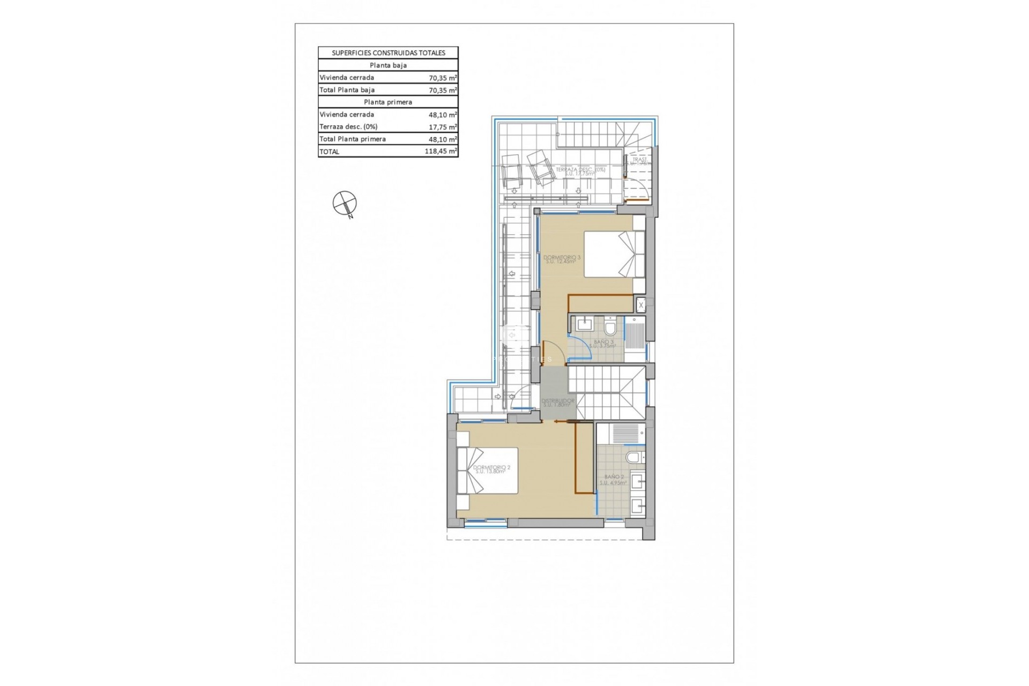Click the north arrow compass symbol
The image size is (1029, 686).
point(345,203)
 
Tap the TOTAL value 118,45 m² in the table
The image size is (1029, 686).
point(441,152)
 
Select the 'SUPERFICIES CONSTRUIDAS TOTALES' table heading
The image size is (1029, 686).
point(388,53)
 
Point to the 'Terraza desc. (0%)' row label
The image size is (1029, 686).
point(348,127)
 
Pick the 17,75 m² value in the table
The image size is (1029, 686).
point(443,127)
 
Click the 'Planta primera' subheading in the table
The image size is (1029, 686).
point(388,102)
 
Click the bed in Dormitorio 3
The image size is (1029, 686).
point(614,254)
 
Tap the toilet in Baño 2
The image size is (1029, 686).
point(634,457)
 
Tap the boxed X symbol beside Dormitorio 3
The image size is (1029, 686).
point(641,305)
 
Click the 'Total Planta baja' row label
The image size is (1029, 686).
point(347,90)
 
